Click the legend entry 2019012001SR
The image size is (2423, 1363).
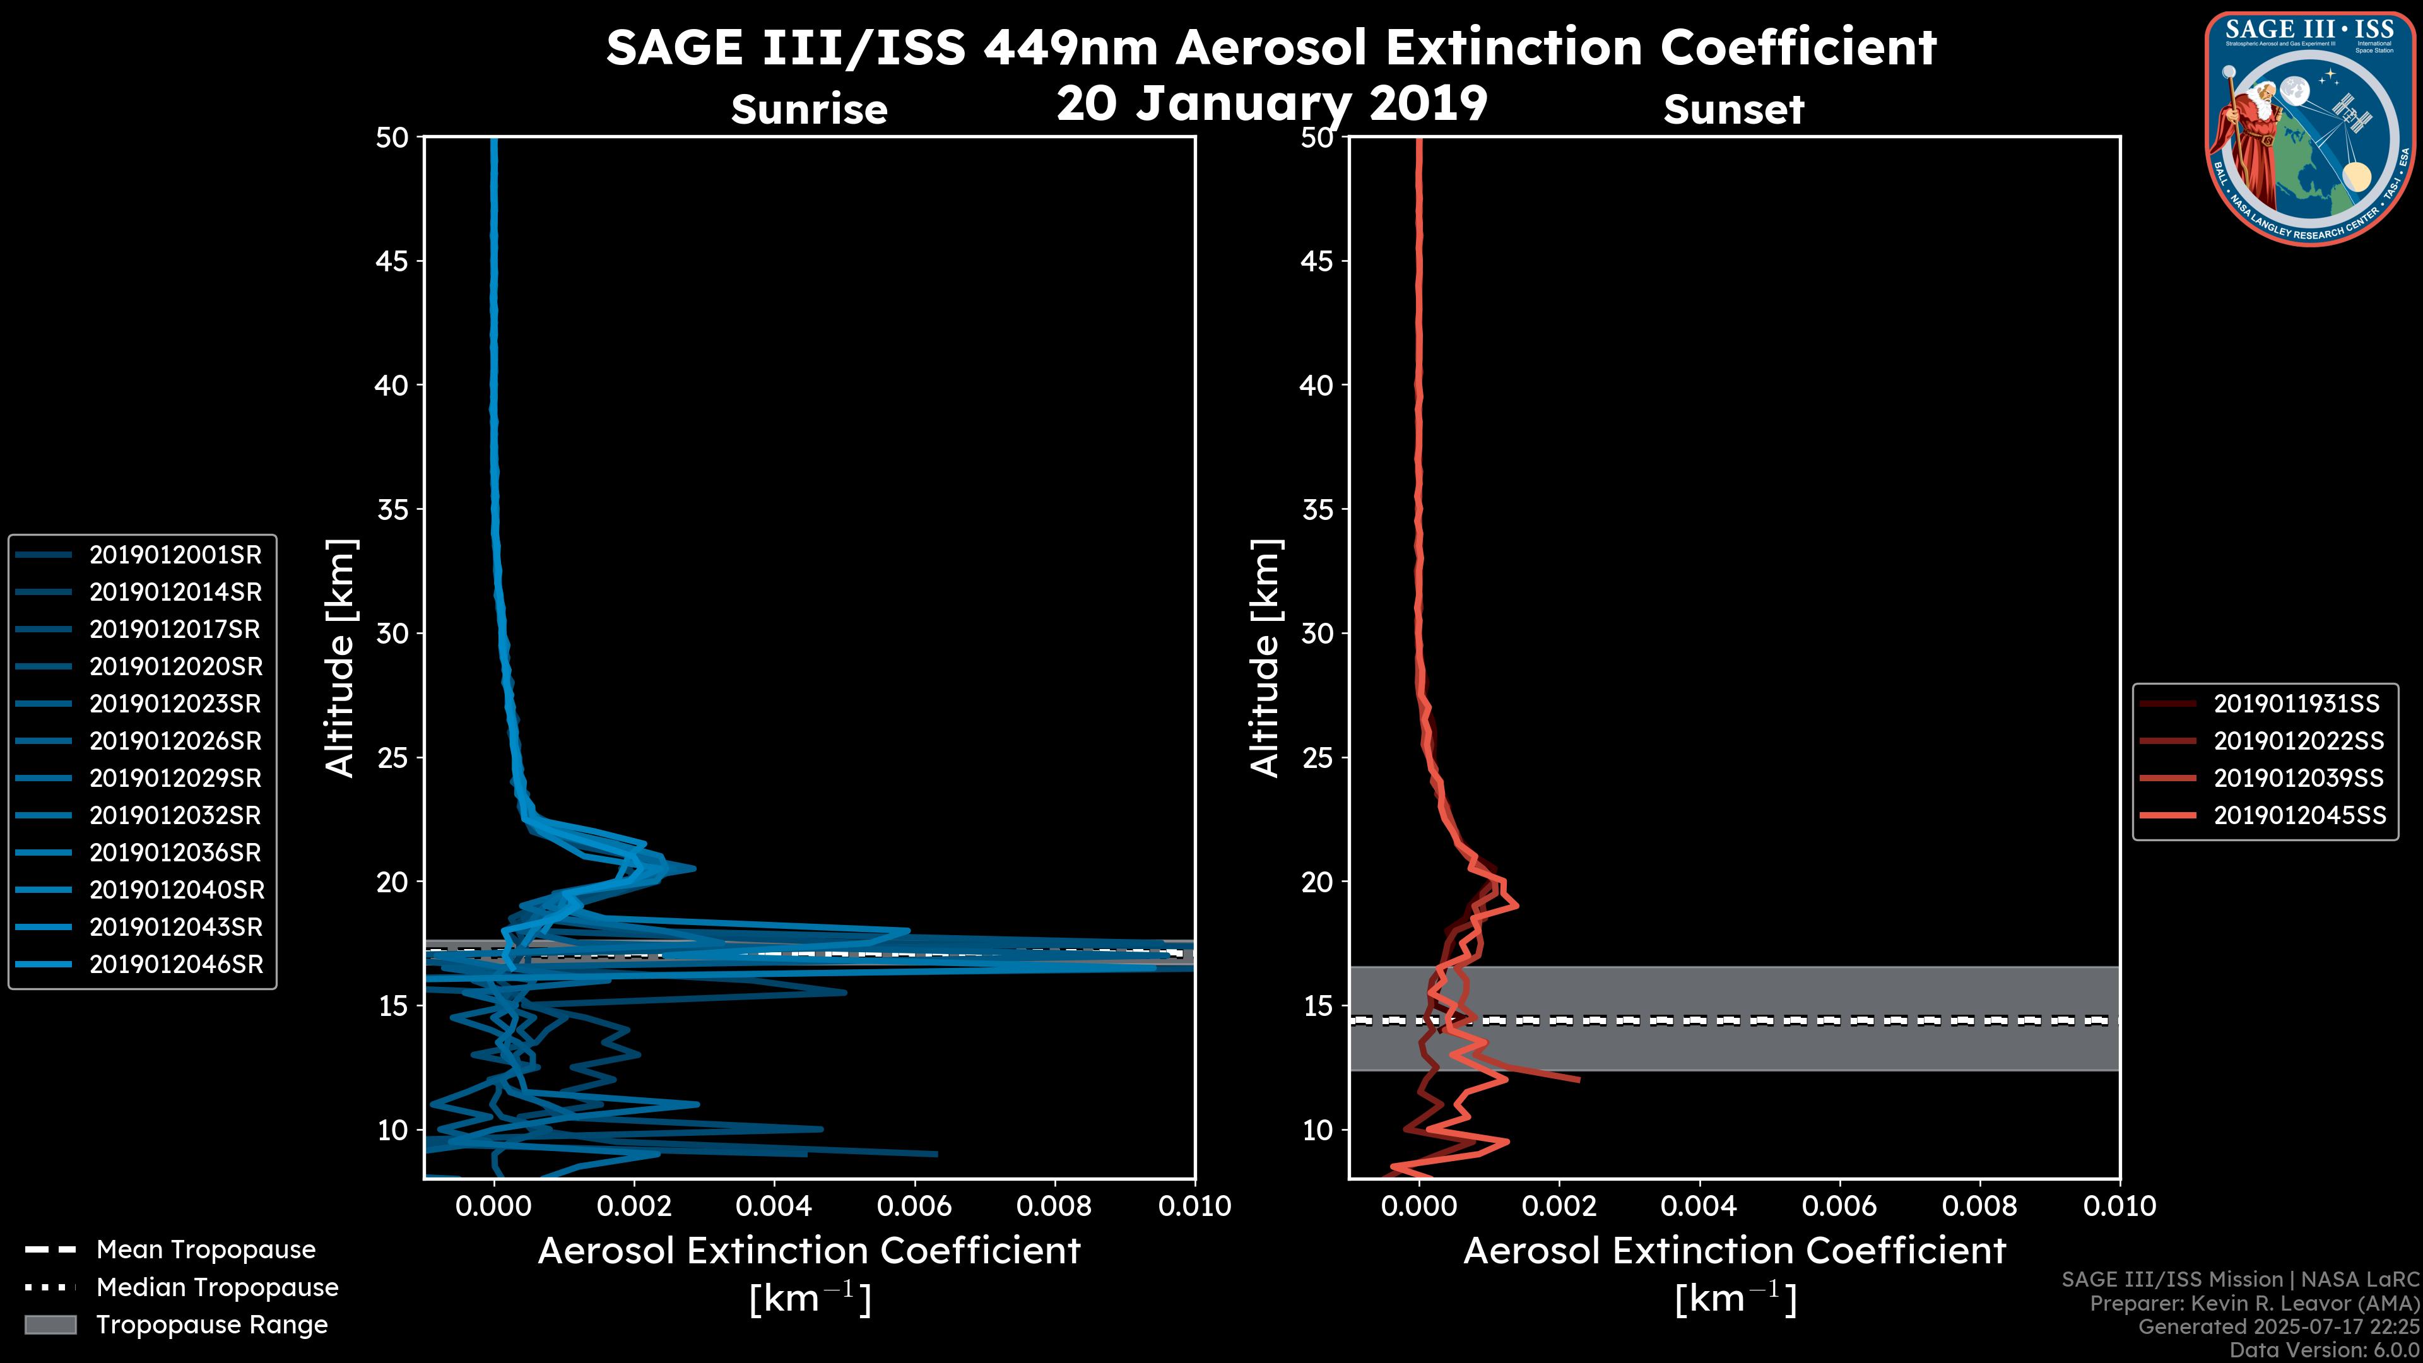click(x=175, y=555)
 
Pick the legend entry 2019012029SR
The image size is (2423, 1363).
click(x=175, y=778)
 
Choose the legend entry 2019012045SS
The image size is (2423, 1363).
click(x=2299, y=815)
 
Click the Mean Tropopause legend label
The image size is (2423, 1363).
click(x=206, y=1249)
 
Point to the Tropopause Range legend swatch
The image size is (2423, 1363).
click(x=50, y=1325)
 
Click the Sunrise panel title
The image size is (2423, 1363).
click(x=809, y=109)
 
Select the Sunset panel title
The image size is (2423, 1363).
click(x=1733, y=109)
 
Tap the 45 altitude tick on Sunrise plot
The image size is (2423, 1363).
click(x=391, y=261)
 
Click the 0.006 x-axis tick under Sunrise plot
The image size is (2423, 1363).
click(x=914, y=1206)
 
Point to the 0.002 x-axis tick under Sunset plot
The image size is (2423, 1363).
click(x=1560, y=1206)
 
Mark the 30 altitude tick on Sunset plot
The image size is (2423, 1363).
click(x=1317, y=633)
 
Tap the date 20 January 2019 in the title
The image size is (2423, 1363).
click(x=1271, y=103)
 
